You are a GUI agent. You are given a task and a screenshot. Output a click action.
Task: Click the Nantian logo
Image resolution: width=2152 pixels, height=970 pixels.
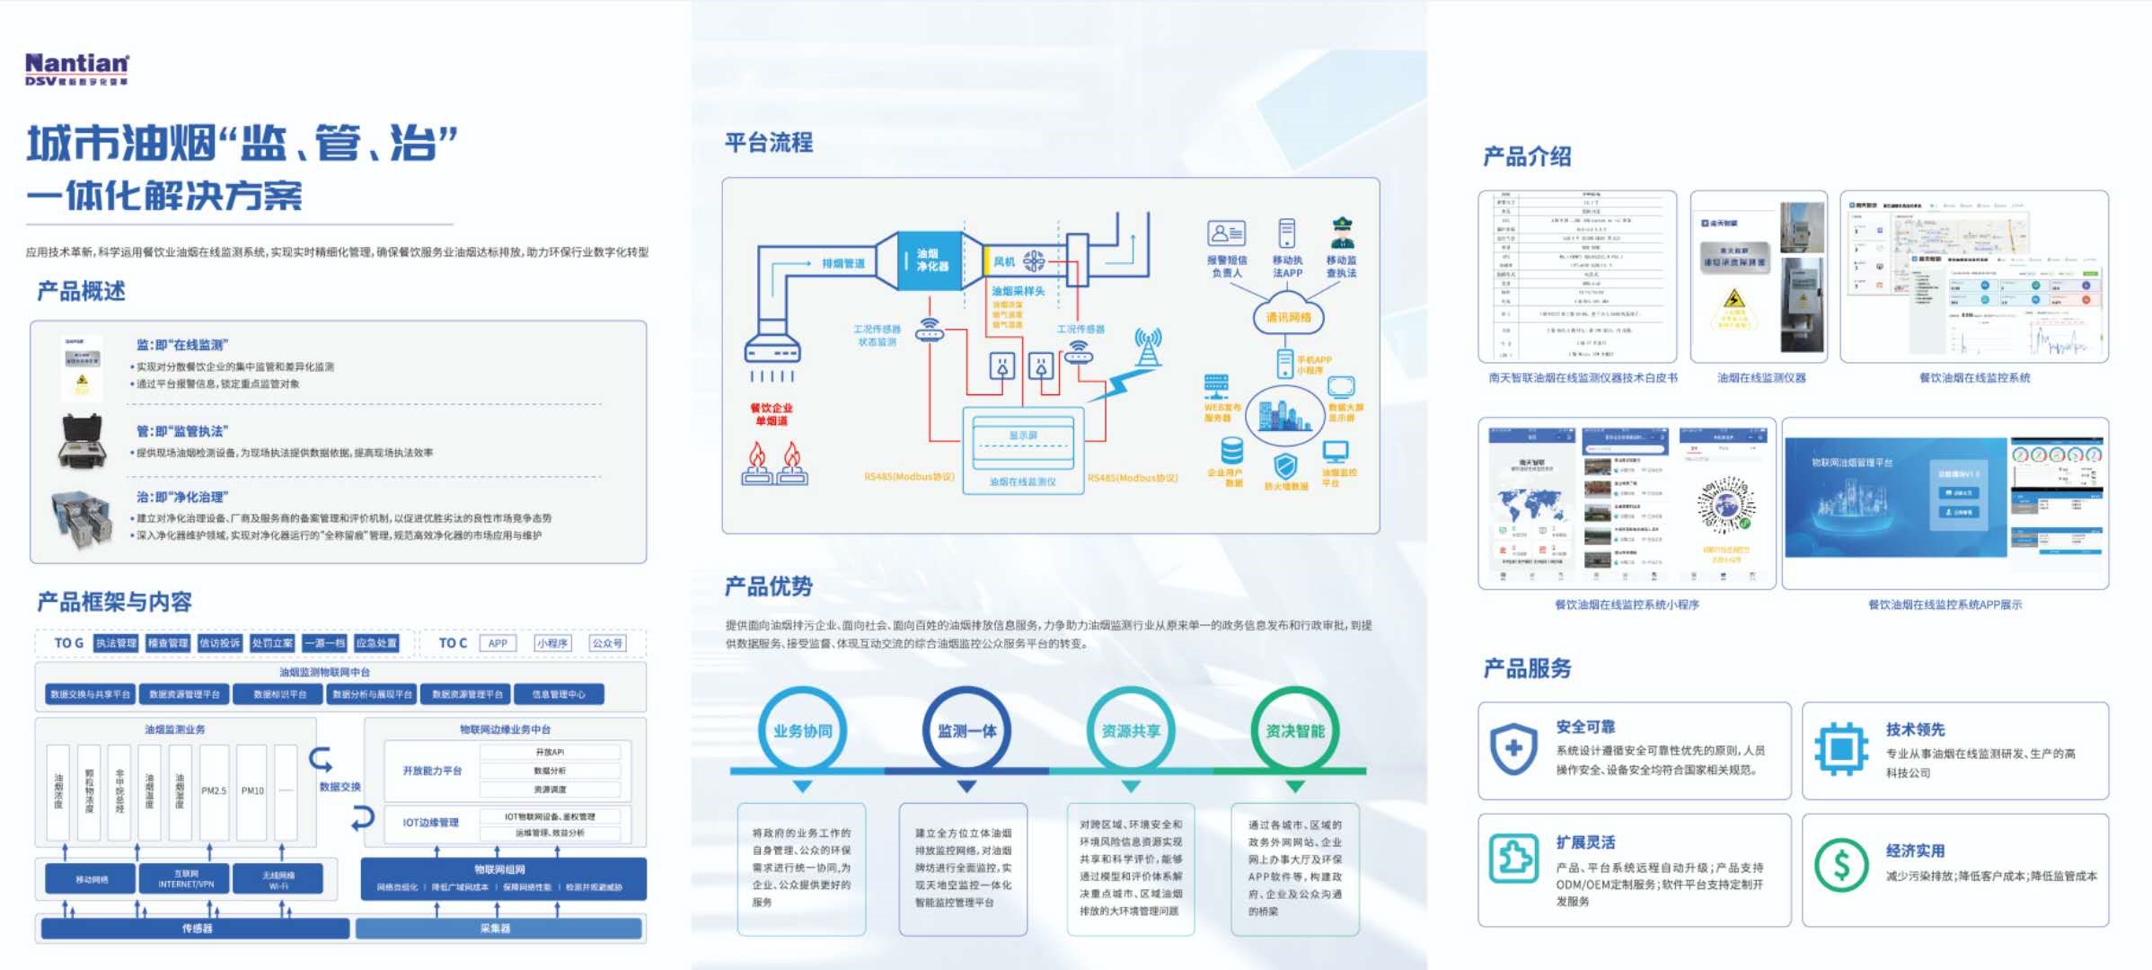(77, 68)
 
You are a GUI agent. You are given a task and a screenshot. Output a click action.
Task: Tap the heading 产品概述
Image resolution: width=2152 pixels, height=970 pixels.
(81, 291)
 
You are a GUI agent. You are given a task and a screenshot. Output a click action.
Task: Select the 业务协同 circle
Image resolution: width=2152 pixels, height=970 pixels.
(802, 730)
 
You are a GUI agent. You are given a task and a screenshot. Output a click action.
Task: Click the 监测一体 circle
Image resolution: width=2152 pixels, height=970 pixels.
(966, 730)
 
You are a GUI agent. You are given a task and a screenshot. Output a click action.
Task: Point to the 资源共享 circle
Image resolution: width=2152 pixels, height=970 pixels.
(1130, 730)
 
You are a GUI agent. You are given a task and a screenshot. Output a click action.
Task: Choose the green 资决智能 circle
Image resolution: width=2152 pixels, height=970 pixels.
(1294, 730)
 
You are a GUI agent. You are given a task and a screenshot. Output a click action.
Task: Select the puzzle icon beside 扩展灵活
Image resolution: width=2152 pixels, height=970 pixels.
(1513, 858)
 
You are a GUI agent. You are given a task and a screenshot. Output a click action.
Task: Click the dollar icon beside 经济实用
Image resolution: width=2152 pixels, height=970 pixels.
(1840, 864)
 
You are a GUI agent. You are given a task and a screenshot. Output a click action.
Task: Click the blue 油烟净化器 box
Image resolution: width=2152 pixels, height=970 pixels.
(930, 260)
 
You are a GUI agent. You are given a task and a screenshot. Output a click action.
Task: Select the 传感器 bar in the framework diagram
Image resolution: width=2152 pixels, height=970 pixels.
(196, 929)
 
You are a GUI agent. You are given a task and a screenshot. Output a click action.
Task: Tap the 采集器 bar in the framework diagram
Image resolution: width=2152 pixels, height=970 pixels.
(498, 929)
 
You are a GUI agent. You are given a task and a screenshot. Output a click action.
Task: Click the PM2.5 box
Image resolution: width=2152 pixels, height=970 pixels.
(214, 791)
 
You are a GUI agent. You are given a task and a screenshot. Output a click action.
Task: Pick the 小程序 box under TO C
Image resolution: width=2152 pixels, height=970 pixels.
(551, 643)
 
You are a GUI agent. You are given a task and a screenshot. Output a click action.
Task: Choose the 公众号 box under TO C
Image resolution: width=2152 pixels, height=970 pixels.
(607, 643)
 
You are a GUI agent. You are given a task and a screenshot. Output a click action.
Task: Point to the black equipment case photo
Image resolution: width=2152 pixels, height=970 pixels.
(82, 441)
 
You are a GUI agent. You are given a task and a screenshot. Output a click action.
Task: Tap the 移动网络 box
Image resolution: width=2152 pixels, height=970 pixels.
(91, 879)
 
